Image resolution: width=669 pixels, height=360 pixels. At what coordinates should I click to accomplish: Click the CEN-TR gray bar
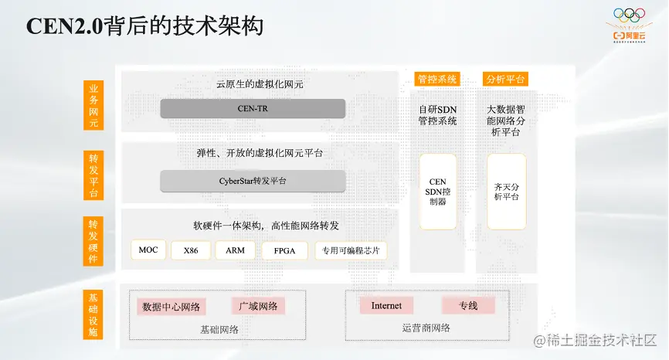252,109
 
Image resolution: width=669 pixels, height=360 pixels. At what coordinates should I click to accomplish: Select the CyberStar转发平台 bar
252,181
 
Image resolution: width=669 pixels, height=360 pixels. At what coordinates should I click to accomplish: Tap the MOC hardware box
148,250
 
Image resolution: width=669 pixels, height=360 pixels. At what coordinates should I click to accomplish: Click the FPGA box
284,250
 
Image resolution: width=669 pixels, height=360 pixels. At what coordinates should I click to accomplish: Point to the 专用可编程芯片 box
351,250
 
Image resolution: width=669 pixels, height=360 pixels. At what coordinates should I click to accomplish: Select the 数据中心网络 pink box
171,307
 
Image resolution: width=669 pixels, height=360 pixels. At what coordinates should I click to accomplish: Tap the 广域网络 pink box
258,306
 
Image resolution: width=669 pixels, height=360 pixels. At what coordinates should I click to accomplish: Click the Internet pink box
386,305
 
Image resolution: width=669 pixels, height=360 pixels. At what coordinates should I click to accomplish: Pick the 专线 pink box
467,305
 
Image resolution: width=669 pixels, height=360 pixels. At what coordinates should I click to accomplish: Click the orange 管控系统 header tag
437,79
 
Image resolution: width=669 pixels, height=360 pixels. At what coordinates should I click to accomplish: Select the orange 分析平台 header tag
505,79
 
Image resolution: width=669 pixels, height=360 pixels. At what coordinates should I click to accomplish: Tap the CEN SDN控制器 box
437,192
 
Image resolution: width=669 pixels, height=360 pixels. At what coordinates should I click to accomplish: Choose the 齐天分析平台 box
506,192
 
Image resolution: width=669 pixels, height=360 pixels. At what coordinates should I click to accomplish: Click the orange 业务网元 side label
93,107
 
